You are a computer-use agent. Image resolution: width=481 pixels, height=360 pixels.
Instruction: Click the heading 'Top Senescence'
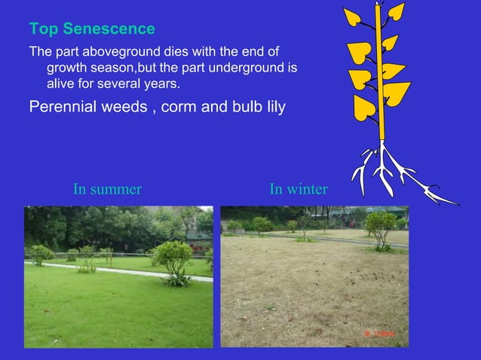pos(91,29)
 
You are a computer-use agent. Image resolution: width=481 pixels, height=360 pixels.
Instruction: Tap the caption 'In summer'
pos(107,189)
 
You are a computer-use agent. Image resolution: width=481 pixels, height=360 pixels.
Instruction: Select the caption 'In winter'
pos(298,189)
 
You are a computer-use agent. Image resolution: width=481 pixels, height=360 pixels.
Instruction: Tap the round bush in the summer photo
pos(173,256)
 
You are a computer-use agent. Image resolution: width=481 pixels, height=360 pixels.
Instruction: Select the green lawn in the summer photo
pos(113,309)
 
